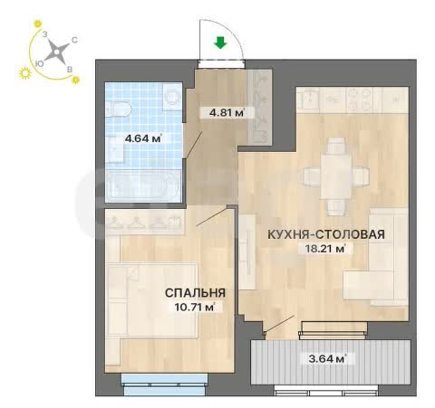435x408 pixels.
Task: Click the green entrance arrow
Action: coord(220,43)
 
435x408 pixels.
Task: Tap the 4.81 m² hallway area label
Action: coord(227,113)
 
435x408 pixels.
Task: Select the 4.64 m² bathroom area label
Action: coord(143,138)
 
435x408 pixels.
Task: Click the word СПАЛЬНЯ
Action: coord(195,293)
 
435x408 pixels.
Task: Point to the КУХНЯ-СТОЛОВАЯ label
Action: coord(326,234)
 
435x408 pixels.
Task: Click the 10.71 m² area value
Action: coord(195,308)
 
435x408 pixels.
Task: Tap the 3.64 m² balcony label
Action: coord(327,359)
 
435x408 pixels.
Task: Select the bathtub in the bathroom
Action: coord(143,185)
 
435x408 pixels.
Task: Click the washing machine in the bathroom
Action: coord(172,97)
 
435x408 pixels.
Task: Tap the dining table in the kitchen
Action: coord(336,176)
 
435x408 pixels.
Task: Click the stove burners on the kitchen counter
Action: coord(360,99)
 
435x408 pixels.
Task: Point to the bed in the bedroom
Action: coord(152,299)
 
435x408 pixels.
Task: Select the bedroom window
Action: coord(165,384)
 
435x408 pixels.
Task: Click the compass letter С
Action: coord(74,40)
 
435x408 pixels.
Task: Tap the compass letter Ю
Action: coord(38,63)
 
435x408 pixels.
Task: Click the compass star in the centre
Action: coord(56,52)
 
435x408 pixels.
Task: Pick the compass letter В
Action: coord(70,70)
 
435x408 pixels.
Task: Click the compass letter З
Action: coord(44,34)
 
